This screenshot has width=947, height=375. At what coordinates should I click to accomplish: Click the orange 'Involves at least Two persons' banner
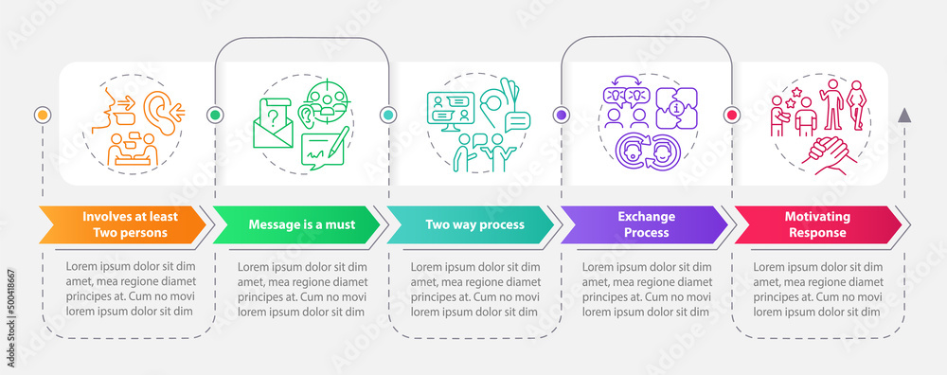(x=123, y=224)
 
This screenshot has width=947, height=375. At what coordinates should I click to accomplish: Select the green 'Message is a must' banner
(x=295, y=224)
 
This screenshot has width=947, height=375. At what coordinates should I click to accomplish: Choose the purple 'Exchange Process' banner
(x=642, y=224)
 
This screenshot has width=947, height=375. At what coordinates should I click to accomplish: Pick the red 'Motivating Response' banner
(x=816, y=224)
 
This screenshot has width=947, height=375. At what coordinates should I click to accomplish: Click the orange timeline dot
(x=42, y=115)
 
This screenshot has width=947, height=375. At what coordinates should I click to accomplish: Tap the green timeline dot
(x=215, y=115)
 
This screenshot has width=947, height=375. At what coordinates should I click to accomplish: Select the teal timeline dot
(x=388, y=115)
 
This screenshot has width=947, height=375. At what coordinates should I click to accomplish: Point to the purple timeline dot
(x=561, y=115)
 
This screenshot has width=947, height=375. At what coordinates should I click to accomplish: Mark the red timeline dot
(x=732, y=115)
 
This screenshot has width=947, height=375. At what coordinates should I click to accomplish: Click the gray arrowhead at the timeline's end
(x=904, y=116)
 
